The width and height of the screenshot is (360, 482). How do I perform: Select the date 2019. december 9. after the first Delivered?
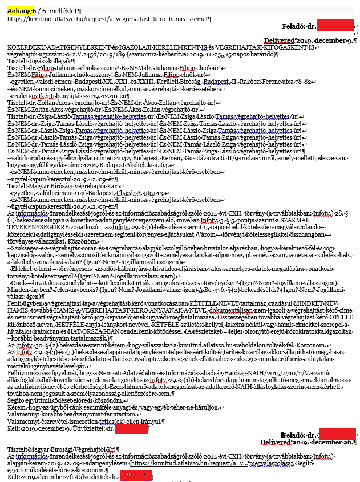point(327,40)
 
